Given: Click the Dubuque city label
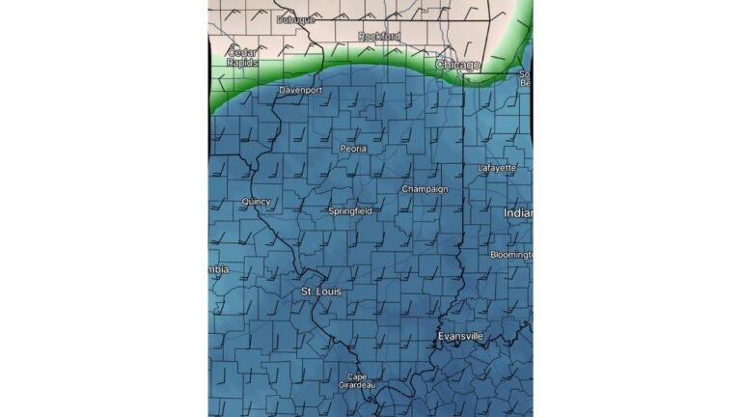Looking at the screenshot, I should click(x=296, y=19).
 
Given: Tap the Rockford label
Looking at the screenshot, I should click(x=379, y=36).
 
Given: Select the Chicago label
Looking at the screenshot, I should click(x=457, y=65).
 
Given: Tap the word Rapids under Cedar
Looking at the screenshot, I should click(x=241, y=63).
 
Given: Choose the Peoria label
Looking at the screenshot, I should click(x=353, y=149).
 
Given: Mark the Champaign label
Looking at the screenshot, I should click(x=425, y=189).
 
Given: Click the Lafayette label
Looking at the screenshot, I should click(x=497, y=168).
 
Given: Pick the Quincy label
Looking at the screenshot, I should click(x=256, y=202).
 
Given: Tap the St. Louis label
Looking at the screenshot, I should click(x=320, y=291).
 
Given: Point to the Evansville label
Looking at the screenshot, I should click(x=460, y=336).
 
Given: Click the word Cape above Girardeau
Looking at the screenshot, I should click(x=357, y=375).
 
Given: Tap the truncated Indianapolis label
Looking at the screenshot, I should click(x=518, y=212).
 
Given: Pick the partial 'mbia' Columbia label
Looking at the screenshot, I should click(x=219, y=269).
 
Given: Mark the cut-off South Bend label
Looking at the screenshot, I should click(x=525, y=78).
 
